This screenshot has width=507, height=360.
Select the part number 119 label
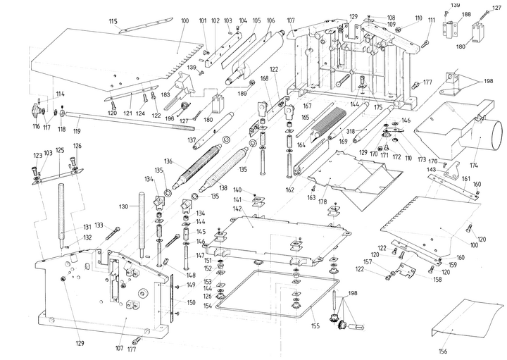[76, 131]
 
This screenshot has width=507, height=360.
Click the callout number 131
[87, 227]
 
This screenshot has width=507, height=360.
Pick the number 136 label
[168, 161]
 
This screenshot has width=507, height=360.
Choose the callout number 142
[238, 209]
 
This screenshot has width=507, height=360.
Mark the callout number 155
[314, 326]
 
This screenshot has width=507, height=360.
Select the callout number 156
[442, 351]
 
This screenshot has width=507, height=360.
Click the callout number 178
[323, 201]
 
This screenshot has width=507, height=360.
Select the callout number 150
[190, 302]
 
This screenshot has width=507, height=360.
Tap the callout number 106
[270, 21]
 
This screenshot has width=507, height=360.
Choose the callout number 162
[290, 190]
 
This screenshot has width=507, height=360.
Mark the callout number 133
[99, 225]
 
